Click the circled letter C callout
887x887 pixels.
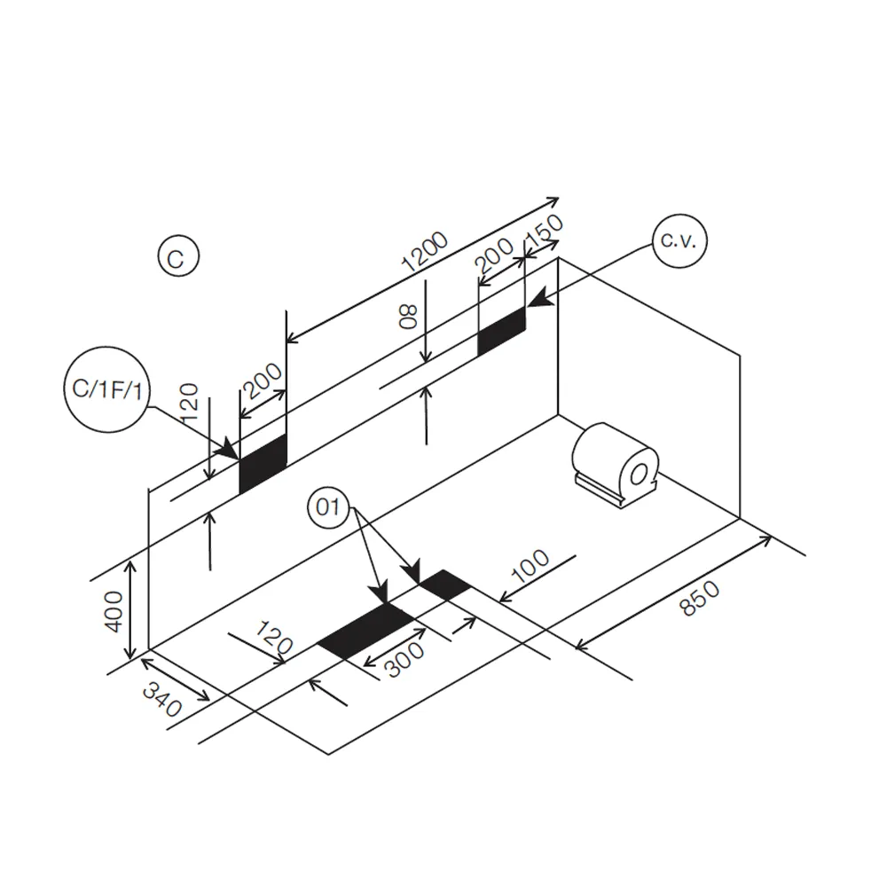tap(178, 256)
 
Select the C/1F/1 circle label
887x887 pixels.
tap(107, 389)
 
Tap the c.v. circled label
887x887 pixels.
tap(679, 241)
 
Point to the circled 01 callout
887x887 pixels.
tap(329, 506)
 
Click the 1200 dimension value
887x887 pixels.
tap(424, 252)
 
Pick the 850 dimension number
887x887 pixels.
tap(699, 598)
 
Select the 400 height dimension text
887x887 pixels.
tap(114, 611)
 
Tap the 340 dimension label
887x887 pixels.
tap(161, 699)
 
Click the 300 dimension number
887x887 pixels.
tap(404, 660)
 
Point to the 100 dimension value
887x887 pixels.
tap(530, 566)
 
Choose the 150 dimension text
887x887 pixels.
tap(545, 231)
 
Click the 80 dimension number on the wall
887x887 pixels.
tap(408, 317)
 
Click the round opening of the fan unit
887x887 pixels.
tap(640, 474)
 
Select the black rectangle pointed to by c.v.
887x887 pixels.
tap(501, 332)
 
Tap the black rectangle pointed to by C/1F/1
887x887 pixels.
tap(263, 464)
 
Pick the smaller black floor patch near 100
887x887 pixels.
tap(445, 585)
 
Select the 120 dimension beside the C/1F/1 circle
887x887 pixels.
tap(190, 402)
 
